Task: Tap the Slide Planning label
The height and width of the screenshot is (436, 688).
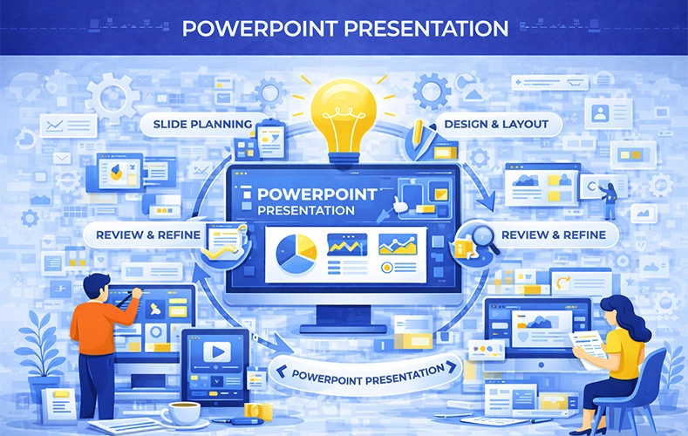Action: coord(202,125)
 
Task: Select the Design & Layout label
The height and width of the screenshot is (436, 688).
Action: coord(496,125)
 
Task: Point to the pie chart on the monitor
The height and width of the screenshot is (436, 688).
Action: coord(296,254)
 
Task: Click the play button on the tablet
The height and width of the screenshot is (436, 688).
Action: coord(216,351)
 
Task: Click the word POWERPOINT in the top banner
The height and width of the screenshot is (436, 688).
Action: coord(261,29)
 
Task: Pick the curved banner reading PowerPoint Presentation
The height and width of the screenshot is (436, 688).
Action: coord(366,373)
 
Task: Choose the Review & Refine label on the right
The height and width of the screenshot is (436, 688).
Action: coord(554,235)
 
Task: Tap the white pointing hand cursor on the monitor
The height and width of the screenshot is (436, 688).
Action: coord(399,205)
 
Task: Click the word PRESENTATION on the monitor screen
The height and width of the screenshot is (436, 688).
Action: coord(306,210)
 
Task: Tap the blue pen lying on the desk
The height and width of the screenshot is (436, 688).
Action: coord(239,421)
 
